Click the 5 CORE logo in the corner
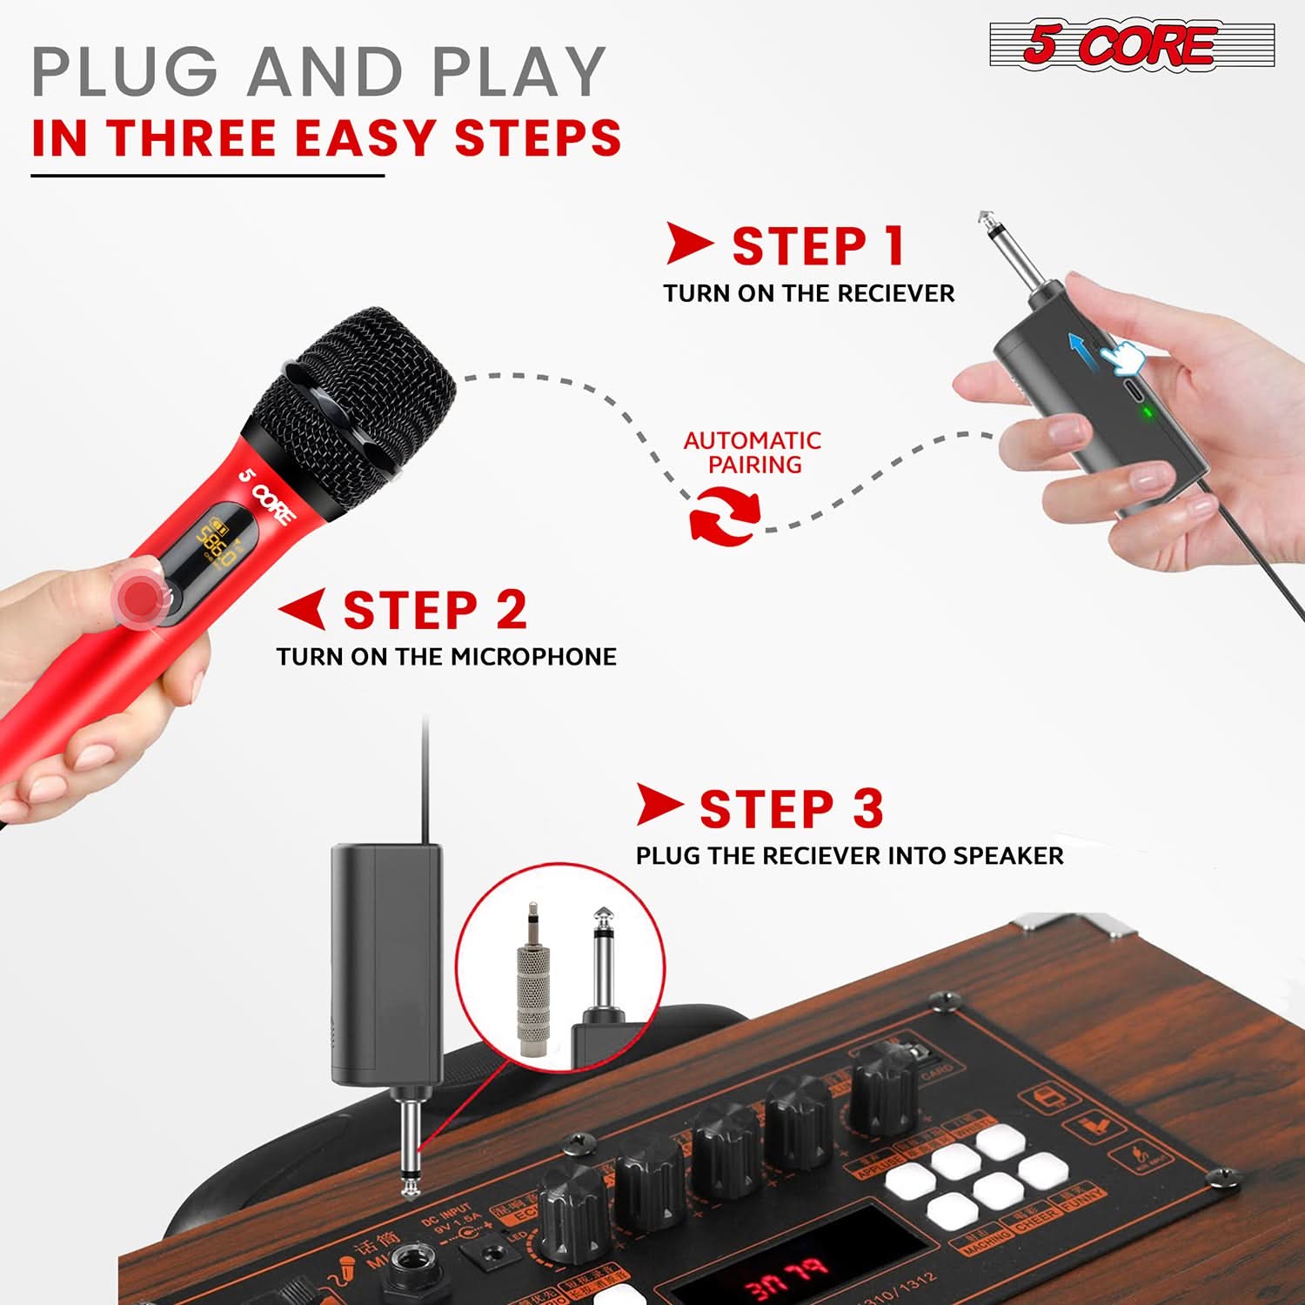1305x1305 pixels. click(x=1131, y=45)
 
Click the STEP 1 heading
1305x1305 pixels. click(x=818, y=246)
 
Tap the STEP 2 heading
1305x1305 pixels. click(x=435, y=610)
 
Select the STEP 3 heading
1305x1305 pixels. click(x=791, y=809)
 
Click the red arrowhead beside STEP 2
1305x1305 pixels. click(x=304, y=609)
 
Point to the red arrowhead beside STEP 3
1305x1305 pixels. click(x=659, y=805)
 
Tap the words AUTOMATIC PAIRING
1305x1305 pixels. click(x=753, y=452)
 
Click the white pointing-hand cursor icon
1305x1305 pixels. click(x=1122, y=357)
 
